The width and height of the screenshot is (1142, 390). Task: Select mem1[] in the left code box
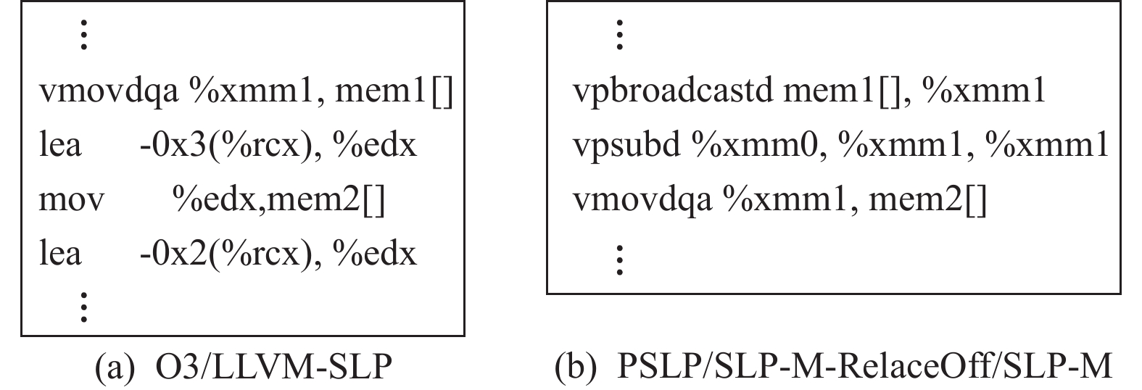coord(394,93)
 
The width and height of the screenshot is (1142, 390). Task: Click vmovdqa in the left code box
coord(108,93)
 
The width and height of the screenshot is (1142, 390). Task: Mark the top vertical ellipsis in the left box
coord(84,36)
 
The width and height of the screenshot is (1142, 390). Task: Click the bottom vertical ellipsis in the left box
coord(84,306)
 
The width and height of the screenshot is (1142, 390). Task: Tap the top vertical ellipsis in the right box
coord(618,36)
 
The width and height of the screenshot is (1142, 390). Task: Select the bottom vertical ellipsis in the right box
coord(618,260)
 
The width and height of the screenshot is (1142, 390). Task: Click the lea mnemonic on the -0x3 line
coord(59,146)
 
